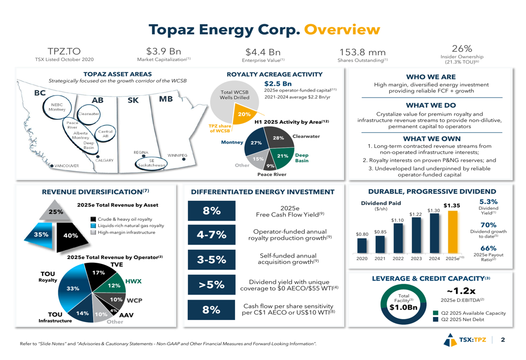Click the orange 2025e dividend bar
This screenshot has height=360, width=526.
(451, 231)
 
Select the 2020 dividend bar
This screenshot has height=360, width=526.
(362, 246)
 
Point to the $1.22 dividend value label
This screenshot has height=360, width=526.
(416, 214)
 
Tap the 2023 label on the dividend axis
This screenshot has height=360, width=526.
(416, 259)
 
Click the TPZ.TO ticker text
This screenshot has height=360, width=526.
(64, 52)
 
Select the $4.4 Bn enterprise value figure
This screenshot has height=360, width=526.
(263, 52)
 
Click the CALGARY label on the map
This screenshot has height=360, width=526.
(104, 160)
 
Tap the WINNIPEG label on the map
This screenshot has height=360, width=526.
(177, 156)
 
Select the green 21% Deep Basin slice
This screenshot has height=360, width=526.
(282, 156)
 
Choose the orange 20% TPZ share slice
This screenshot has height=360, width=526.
(244, 114)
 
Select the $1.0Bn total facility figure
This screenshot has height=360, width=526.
(403, 307)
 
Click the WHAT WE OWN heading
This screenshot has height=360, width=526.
(439, 139)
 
